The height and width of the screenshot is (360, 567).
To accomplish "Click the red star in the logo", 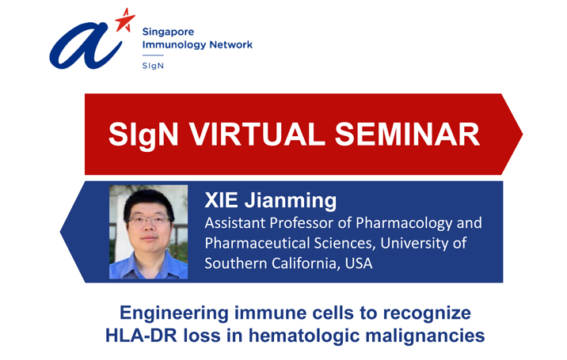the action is point(125,21).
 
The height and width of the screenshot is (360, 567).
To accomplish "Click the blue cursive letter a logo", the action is point(86,46).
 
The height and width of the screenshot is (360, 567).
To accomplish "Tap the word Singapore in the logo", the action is point(168,32).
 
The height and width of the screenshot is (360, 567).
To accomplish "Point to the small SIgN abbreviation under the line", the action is point(153,66).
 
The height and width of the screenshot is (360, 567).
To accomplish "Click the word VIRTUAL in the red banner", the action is point(257,134).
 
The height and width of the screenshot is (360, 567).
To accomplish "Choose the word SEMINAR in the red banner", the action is point(407,134).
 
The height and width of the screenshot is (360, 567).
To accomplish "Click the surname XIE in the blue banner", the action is point(221,200).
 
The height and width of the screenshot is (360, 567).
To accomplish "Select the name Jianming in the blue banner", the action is point(291,201).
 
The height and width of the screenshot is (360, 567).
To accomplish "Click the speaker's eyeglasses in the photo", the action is point(148,219).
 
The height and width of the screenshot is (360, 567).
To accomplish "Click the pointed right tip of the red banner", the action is point(522,134).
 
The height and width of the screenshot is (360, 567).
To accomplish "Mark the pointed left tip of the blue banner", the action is point(61,232).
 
